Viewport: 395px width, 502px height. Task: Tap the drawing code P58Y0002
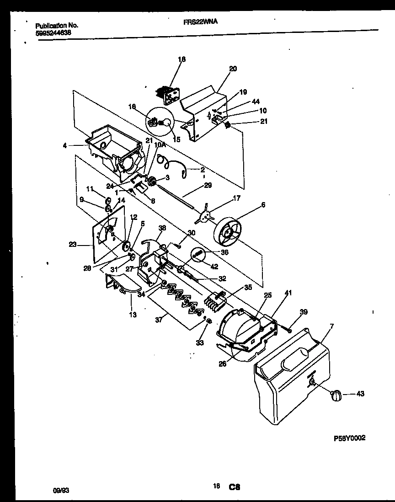350,438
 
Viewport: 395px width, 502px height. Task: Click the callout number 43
360,394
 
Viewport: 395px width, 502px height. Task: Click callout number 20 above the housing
233,69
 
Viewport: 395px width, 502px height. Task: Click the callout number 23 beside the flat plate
72,245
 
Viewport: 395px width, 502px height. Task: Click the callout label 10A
160,144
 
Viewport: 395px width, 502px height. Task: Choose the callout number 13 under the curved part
133,315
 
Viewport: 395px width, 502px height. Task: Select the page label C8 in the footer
235,487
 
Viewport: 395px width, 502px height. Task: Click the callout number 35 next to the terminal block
248,288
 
